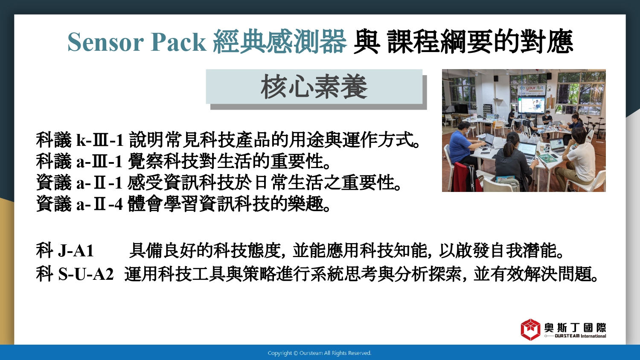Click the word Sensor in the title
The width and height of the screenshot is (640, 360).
[105, 42]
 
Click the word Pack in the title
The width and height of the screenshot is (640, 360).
[179, 42]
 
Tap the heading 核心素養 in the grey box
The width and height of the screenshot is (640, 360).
[314, 87]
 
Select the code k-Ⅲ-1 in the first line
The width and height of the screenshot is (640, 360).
[100, 140]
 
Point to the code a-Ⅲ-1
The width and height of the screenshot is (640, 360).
[99, 161]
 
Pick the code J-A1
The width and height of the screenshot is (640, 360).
[76, 251]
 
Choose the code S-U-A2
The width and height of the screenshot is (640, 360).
[86, 274]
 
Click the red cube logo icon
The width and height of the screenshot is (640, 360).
[530, 329]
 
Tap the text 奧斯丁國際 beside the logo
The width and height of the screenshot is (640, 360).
[575, 328]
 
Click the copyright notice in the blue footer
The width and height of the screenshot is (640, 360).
[320, 353]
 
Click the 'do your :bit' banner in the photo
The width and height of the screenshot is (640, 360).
[532, 88]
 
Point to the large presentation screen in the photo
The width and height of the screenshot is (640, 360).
[531, 105]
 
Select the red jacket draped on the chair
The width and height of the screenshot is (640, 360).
[467, 177]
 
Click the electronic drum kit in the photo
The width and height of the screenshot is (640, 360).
[594, 126]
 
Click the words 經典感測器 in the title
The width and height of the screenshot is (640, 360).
[280, 42]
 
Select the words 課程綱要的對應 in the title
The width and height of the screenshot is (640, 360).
[480, 42]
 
